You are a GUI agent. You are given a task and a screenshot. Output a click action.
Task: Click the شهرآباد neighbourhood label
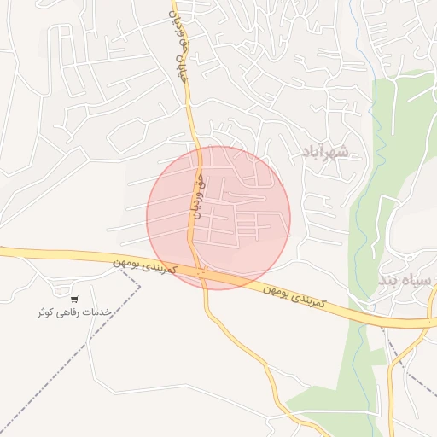(325, 151)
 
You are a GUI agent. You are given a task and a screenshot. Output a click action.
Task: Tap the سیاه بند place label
(406, 280)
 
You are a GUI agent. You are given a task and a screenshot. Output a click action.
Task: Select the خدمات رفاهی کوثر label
(73, 313)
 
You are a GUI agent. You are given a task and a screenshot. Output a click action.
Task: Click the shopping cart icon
(74, 300)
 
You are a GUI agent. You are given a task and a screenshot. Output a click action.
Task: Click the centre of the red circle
(218, 218)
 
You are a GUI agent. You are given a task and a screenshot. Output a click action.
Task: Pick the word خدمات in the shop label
(100, 313)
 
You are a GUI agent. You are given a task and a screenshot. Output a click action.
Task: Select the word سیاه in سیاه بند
(418, 280)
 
